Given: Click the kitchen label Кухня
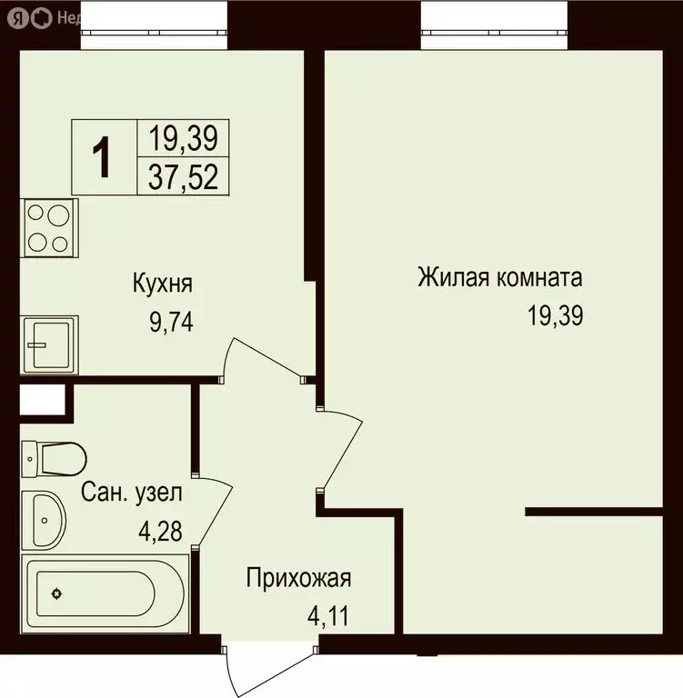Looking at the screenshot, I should [x=162, y=284].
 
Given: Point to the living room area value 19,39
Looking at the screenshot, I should [x=554, y=315].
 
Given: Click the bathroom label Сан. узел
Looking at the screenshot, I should [x=132, y=494].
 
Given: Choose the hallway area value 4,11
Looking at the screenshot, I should [x=327, y=618].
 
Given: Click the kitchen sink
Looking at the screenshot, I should [x=49, y=344].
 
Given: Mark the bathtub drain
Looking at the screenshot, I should [x=57, y=595].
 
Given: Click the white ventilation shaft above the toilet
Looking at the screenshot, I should [x=41, y=399].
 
